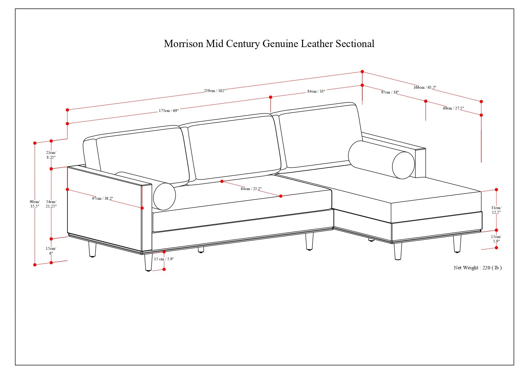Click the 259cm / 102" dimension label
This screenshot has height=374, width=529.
[215, 90]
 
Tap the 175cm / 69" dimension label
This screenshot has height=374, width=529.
[169, 111]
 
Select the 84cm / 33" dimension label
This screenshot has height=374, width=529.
[316, 91]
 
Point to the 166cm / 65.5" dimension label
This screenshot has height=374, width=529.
[425, 87]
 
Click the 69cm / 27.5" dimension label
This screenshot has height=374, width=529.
[453, 108]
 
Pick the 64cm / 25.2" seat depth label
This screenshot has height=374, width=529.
[251, 189]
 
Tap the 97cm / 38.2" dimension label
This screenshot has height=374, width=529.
[102, 198]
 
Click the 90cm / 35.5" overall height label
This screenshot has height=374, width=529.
[35, 204]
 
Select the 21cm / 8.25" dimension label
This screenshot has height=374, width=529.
[51, 155]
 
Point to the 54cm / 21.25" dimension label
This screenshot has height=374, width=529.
[51, 204]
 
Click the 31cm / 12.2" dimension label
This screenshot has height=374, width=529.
[496, 210]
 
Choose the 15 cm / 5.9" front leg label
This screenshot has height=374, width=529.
[164, 259]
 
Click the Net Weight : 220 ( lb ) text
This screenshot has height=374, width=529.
[477, 268]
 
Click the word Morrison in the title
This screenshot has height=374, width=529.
[183, 44]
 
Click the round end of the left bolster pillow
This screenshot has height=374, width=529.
[164, 196]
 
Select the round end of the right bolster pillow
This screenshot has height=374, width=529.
[403, 165]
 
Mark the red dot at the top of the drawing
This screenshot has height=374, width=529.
[362, 72]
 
